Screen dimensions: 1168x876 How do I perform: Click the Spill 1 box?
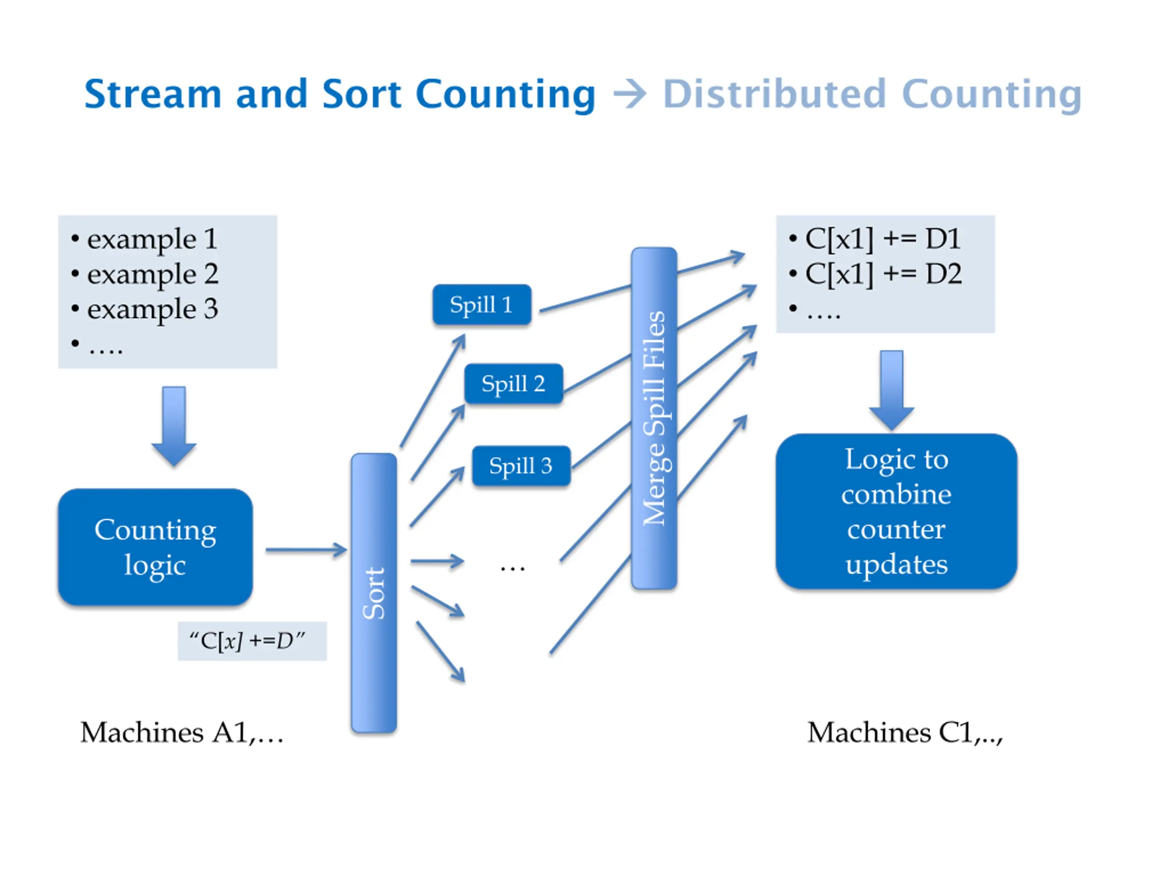point(481,305)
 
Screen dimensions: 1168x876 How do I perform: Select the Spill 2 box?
point(513,384)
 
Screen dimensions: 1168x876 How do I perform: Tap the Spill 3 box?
point(521,466)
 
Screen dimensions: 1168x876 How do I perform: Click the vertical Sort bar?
point(374,593)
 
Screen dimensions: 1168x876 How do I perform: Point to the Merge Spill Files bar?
point(654,418)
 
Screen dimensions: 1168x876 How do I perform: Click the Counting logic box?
point(155,547)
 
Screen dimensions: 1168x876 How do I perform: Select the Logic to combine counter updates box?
point(896,511)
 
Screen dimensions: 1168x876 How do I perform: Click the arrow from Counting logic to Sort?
point(306,550)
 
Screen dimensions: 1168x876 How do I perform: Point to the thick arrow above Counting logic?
point(174,427)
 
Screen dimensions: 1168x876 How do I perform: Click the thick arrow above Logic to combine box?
point(892,390)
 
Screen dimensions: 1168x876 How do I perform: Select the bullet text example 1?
point(152,239)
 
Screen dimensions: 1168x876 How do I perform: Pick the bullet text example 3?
point(152,309)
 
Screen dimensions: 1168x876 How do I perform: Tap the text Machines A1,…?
point(182,732)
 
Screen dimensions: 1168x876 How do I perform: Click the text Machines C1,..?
point(905,732)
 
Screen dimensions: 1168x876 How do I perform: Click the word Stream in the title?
point(152,94)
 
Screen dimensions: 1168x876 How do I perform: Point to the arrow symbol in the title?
point(630,95)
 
